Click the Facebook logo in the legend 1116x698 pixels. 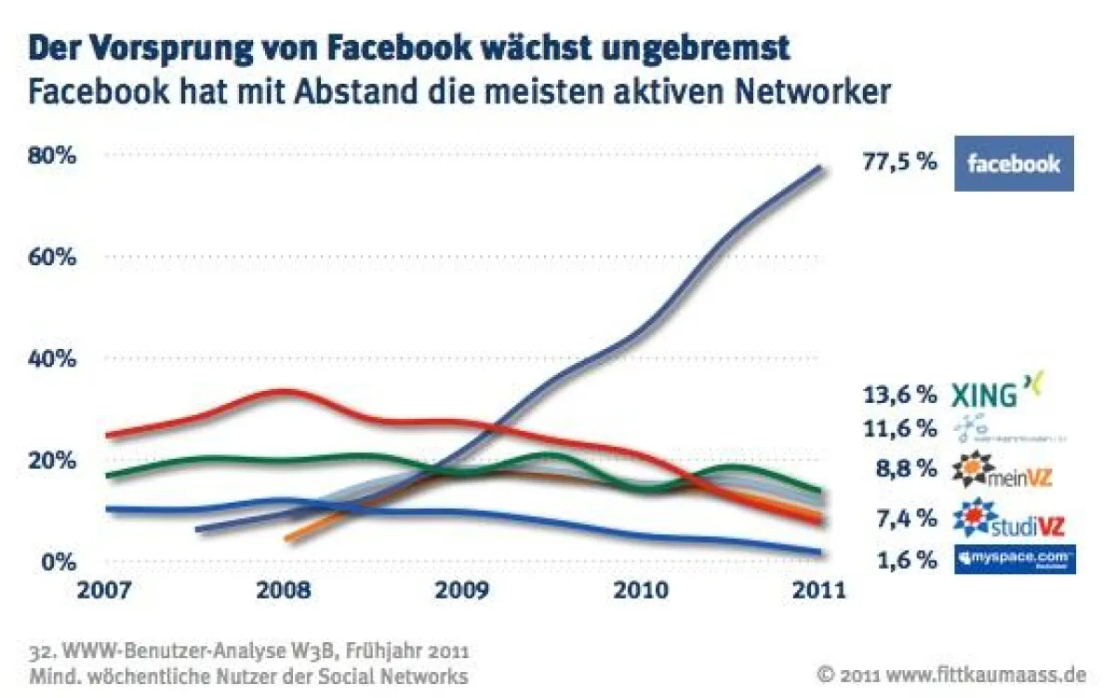click(x=1014, y=164)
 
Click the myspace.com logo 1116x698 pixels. click(x=1015, y=558)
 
